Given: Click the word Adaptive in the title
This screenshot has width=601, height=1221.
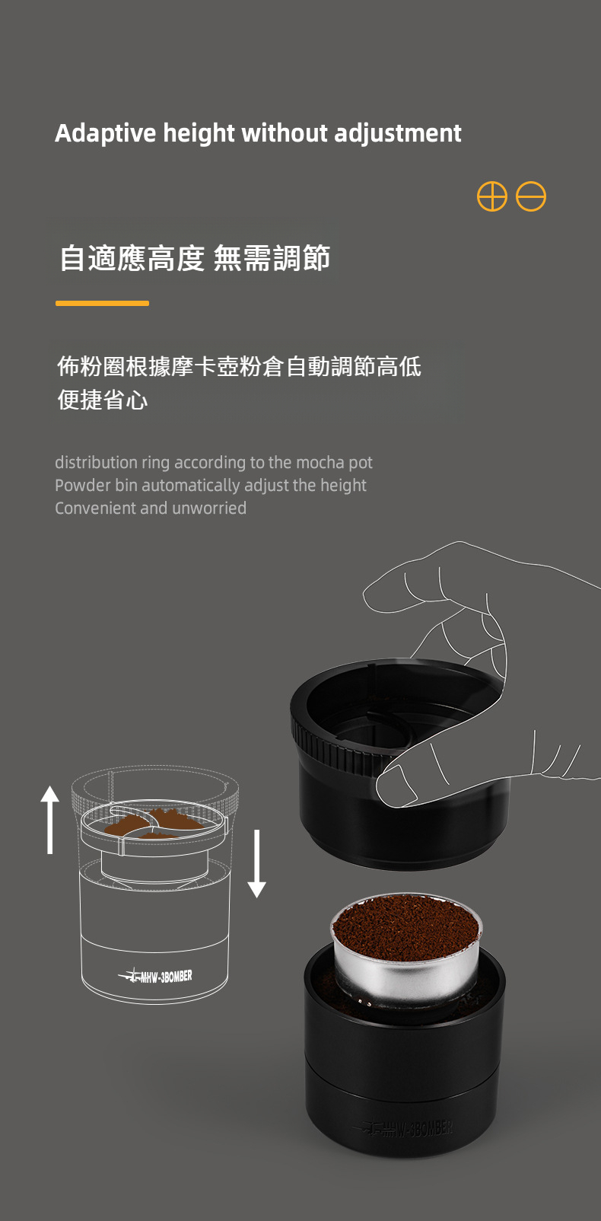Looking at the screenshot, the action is pos(106,133).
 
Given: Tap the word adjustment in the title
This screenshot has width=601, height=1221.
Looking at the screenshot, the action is pos(398,133).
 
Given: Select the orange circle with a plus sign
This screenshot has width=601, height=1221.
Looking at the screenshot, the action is pos(492,196).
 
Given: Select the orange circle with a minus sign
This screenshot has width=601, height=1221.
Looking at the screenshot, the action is pos(531,196).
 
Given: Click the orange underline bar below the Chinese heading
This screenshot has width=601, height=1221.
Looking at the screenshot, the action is pos(102,303).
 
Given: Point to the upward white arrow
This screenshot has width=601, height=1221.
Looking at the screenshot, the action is pos(49,819).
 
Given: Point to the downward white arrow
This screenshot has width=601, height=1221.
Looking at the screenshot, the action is pos(256,864).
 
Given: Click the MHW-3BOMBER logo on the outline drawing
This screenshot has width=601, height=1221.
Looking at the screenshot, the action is pos(155,976).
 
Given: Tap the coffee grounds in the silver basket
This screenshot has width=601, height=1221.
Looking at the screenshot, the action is pos(406,926).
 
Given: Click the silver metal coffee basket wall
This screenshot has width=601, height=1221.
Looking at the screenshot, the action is pos(406,976).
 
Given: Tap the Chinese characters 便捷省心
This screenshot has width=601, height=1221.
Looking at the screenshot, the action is pos(103,400).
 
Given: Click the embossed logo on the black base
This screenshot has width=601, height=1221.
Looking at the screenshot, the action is pos(403,1128).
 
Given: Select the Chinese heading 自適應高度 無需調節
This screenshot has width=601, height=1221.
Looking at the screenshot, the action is pos(195,258).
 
